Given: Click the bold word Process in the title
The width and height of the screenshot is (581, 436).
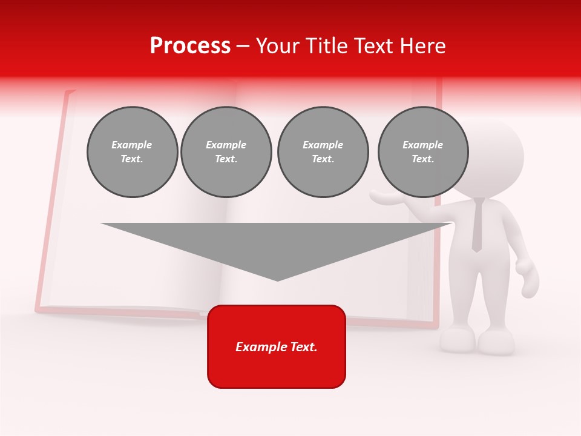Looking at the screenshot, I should [x=190, y=46].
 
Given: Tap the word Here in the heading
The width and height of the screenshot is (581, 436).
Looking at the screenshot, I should [x=424, y=46].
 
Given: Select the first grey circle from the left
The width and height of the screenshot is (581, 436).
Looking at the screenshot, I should [x=132, y=152].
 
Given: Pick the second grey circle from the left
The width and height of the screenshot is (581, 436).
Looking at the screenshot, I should [x=226, y=152].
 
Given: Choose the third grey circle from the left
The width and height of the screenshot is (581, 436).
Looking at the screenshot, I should [x=323, y=152].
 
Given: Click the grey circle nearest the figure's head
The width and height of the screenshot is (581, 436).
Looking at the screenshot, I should [x=422, y=152].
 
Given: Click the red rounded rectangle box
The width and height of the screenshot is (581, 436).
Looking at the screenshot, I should [x=277, y=346].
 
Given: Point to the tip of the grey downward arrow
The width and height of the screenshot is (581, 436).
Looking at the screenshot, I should [x=277, y=279].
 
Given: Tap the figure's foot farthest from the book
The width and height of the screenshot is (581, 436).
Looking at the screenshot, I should [x=496, y=343].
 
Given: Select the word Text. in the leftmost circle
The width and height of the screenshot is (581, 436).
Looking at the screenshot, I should [x=132, y=159].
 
